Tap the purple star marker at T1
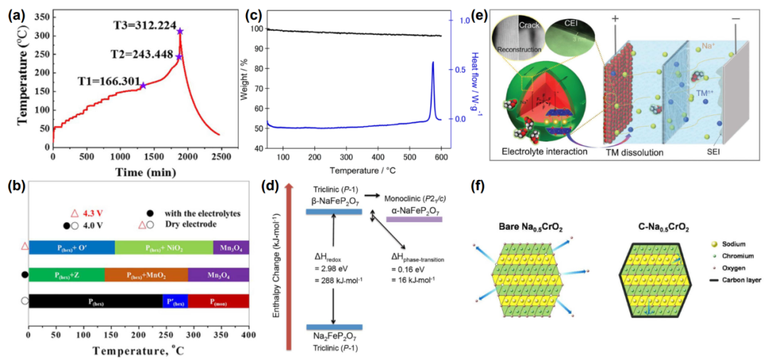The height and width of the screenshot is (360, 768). pyautogui.click(x=143, y=85)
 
